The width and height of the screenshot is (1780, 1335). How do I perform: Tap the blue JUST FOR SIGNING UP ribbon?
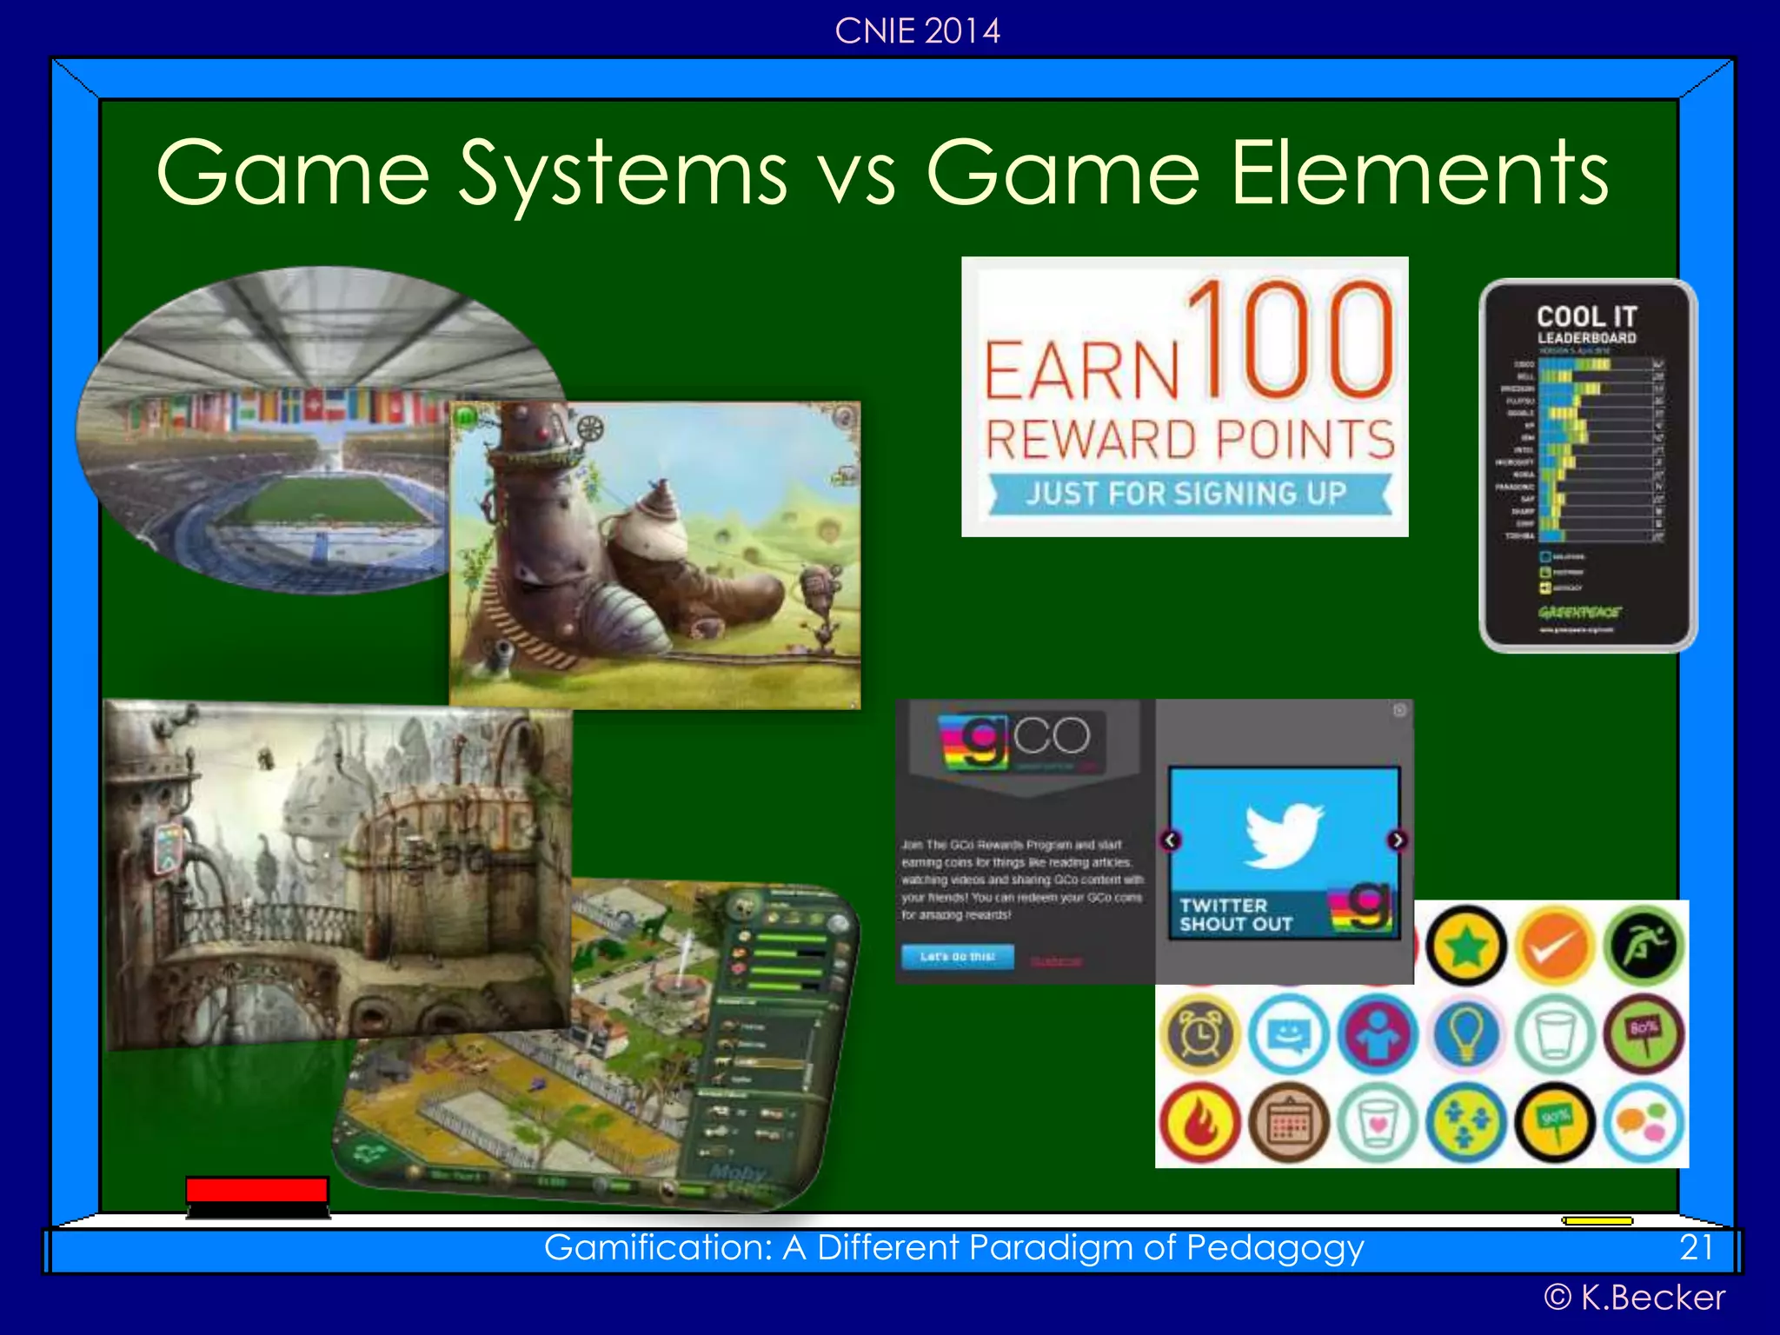(1187, 494)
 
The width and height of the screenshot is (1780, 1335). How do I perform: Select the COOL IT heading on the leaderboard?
(1587, 316)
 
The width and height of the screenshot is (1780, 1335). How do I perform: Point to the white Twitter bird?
(1283, 834)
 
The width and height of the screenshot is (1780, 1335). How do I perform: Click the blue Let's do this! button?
(957, 957)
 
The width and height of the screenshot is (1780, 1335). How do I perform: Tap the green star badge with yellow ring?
(1466, 946)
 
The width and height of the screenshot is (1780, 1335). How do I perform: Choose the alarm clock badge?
(1200, 1034)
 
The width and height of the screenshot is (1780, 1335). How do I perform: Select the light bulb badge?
(1466, 1034)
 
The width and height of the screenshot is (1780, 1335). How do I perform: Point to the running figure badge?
(1644, 946)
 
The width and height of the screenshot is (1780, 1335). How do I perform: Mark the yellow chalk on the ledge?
(1597, 1221)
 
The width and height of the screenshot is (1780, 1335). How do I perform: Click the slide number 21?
(1696, 1248)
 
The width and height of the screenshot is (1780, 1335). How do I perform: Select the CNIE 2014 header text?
(917, 31)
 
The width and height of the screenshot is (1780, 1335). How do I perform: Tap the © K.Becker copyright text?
(1634, 1298)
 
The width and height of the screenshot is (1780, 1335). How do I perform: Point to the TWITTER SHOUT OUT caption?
(1236, 915)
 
